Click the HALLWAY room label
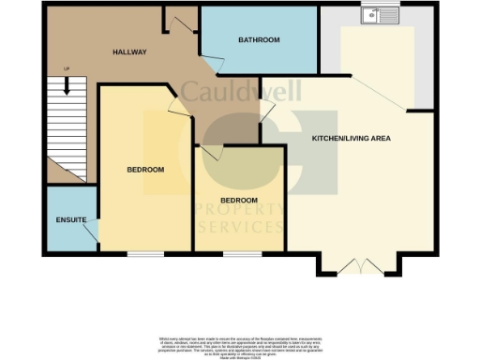[x=128, y=52]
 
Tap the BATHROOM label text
[x=259, y=40]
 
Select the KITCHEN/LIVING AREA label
[x=351, y=138]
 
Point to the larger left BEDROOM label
[x=145, y=170]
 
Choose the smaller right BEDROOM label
[x=238, y=201]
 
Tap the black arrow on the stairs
[x=67, y=86]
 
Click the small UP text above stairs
[x=66, y=70]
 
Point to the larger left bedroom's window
[x=145, y=254]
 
